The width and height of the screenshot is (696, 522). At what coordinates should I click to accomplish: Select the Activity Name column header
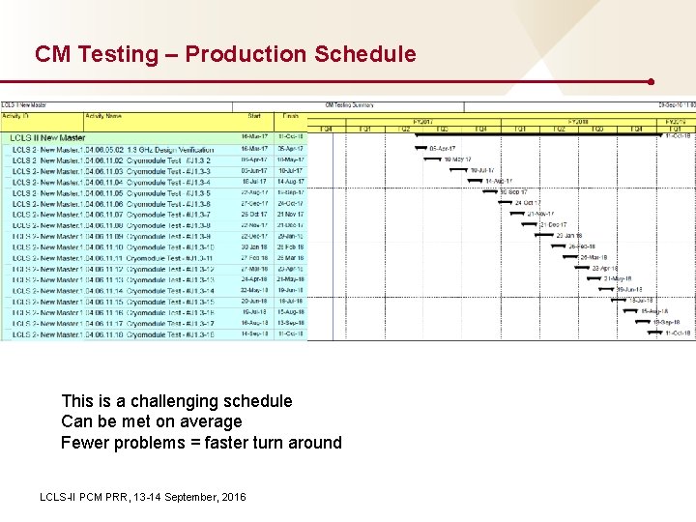point(102,116)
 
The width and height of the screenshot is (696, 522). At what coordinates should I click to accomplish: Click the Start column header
point(254,116)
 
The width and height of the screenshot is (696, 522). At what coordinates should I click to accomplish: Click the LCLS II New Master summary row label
point(47,138)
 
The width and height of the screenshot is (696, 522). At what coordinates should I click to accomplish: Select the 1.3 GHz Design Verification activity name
point(170,149)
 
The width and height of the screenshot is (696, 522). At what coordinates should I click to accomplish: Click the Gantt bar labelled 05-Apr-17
point(421,148)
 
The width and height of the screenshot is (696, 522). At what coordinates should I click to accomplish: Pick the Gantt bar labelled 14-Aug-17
point(475,181)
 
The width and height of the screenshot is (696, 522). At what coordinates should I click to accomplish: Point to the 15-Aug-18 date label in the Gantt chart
point(654,311)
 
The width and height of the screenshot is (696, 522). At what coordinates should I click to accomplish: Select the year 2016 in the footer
point(233,497)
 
